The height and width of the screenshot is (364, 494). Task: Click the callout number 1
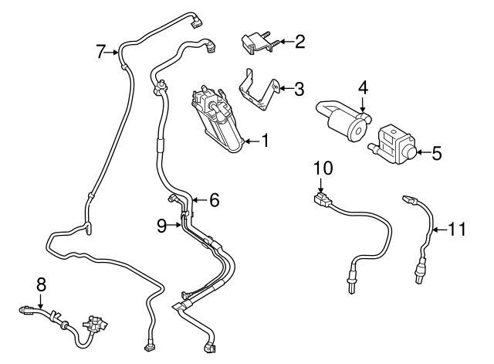click(x=266, y=141)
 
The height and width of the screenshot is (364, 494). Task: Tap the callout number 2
click(x=300, y=41)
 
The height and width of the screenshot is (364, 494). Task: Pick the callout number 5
click(x=437, y=153)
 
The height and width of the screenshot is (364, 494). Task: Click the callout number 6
click(x=214, y=200)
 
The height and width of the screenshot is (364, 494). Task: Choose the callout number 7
click(x=101, y=52)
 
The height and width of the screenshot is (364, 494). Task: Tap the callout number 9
click(x=161, y=226)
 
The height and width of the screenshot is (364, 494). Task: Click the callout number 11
click(x=458, y=229)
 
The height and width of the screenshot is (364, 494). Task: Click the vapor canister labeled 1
click(x=219, y=120)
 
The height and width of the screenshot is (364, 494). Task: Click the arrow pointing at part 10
click(x=323, y=184)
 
